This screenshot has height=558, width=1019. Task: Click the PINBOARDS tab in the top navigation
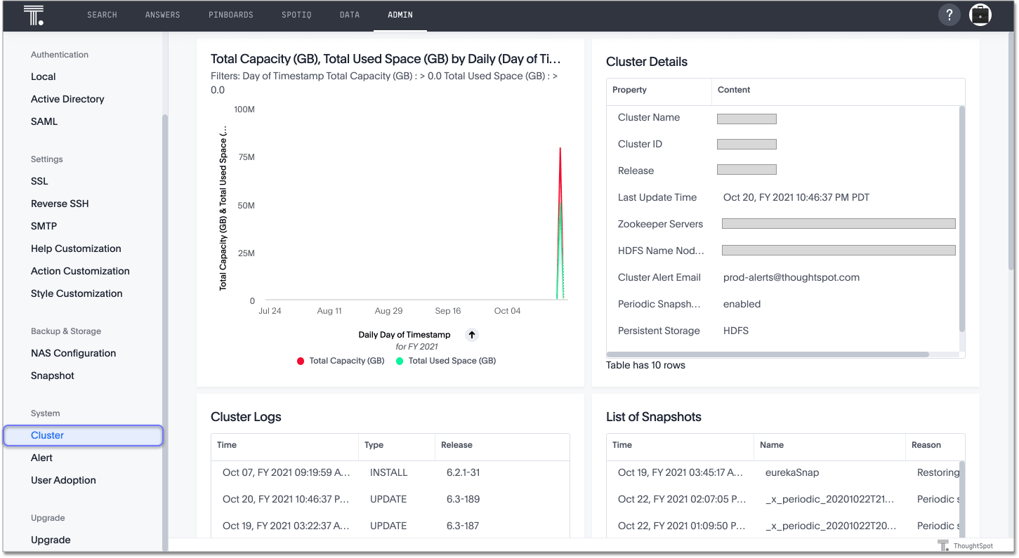(230, 15)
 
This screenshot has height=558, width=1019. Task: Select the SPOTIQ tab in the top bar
(296, 15)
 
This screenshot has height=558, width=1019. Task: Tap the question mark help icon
(949, 15)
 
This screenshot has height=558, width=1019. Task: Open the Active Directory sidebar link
(67, 99)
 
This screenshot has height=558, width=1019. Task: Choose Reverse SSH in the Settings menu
(60, 204)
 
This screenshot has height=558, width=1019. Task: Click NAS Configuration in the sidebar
(73, 353)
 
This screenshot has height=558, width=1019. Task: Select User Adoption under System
(63, 480)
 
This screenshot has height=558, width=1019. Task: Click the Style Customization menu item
(77, 293)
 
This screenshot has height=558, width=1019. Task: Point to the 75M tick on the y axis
(246, 157)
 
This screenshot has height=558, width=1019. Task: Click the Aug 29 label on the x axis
(388, 311)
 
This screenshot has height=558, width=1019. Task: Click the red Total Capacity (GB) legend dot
(301, 361)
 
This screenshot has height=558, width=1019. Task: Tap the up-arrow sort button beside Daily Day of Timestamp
(472, 335)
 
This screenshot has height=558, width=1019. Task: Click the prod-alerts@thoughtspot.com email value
(791, 277)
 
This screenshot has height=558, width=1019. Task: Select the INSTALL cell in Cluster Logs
(388, 472)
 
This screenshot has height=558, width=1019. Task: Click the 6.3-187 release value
(463, 526)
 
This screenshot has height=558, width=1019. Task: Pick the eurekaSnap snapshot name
(792, 472)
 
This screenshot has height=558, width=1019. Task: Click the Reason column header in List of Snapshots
(926, 445)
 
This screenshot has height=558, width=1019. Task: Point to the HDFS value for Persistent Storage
(735, 331)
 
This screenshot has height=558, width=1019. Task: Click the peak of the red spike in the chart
(560, 149)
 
